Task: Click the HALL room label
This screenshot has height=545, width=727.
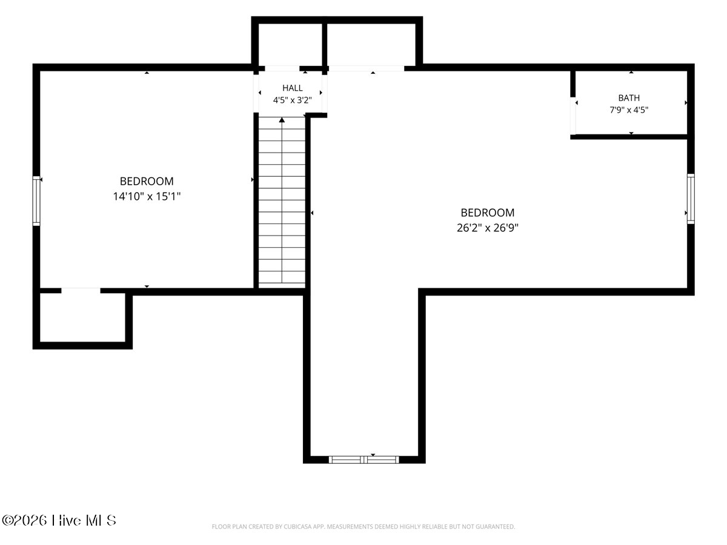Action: point(293,88)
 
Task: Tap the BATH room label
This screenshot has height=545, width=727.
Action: point(629,98)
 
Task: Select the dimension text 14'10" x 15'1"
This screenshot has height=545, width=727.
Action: point(147,197)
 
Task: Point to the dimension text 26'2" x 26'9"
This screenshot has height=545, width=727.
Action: point(488,228)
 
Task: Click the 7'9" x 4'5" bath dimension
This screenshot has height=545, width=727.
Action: point(629,110)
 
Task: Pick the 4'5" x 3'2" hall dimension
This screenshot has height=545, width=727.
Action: point(293,100)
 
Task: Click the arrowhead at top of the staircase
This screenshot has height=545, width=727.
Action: point(282,120)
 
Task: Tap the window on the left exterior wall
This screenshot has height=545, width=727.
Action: point(36,201)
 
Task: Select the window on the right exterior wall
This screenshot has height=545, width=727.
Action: point(691,199)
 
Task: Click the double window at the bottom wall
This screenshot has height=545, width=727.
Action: point(364,460)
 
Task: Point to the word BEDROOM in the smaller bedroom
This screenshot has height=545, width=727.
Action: point(147,181)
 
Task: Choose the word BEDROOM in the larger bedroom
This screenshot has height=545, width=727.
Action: point(488,213)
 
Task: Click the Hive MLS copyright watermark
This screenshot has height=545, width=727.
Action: point(59,521)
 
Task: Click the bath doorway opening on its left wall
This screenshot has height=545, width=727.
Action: point(573,116)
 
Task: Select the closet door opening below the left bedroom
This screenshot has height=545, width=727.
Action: point(81,291)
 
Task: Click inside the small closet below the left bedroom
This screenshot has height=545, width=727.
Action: point(82,317)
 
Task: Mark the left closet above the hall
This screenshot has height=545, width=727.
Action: point(290,44)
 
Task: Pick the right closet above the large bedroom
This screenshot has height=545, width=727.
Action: point(371,44)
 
